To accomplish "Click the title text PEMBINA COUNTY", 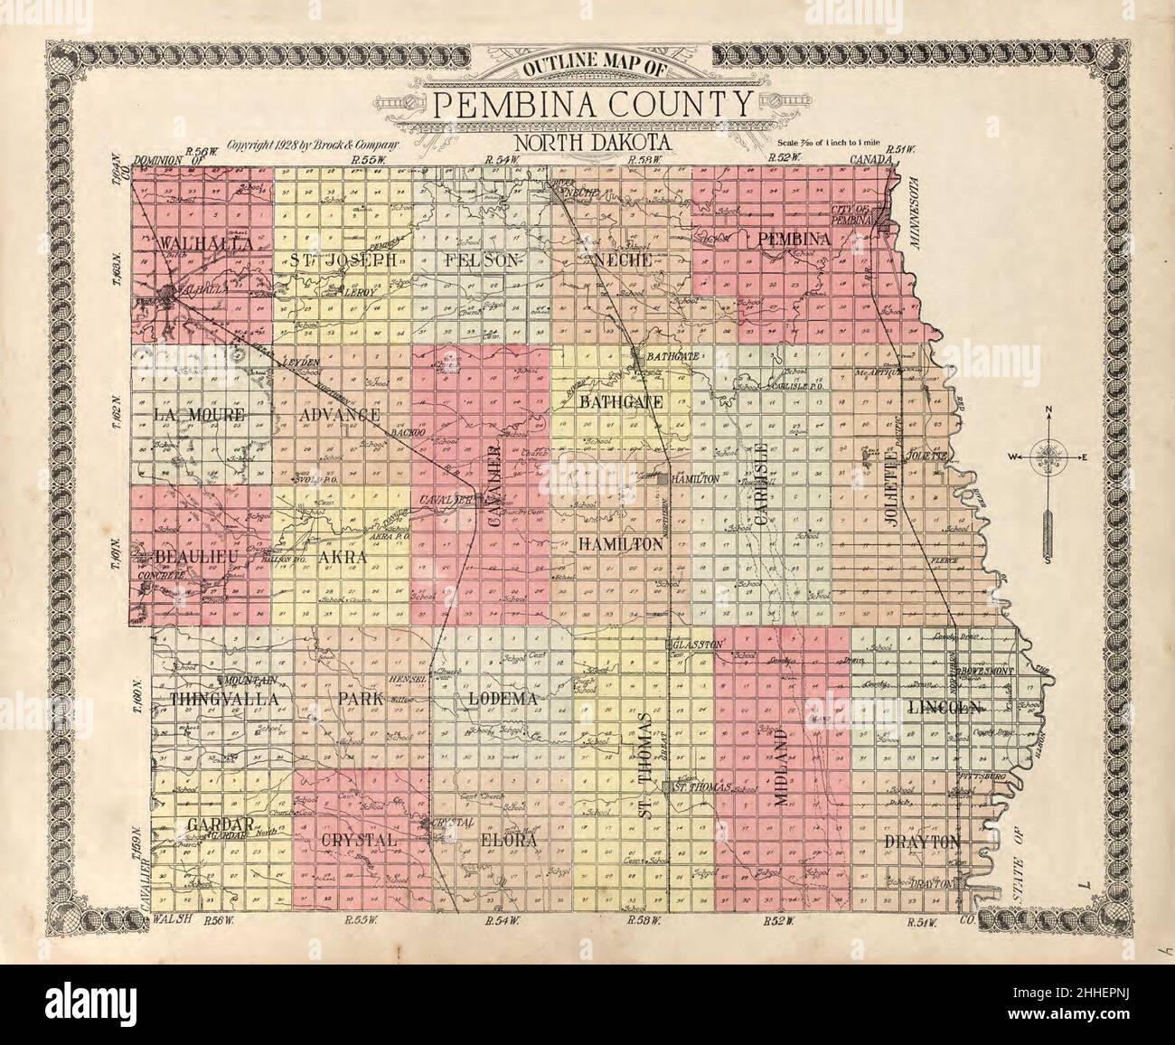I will pos(592,104).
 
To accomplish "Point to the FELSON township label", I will pos(484,259).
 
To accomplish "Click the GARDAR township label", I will pos(221,824).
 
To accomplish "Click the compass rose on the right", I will pos(1047,457).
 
